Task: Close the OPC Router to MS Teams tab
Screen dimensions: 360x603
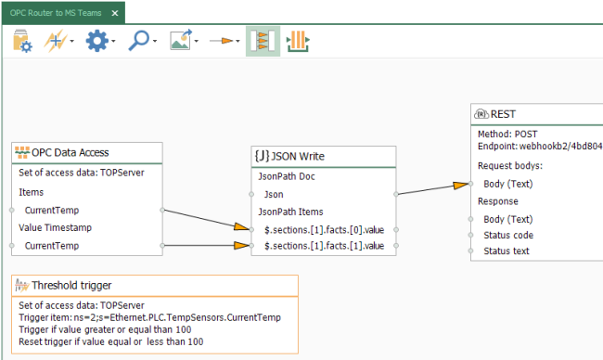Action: pyautogui.click(x=115, y=12)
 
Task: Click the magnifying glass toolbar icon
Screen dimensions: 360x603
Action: pyautogui.click(x=138, y=42)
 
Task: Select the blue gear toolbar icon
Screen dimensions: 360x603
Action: pyautogui.click(x=96, y=42)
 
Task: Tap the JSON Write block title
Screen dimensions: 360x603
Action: pyautogui.click(x=296, y=157)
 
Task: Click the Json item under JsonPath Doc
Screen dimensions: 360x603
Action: pyautogui.click(x=275, y=194)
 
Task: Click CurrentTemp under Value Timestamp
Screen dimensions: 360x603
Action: pyautogui.click(x=52, y=245)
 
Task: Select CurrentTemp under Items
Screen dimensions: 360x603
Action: pyautogui.click(x=52, y=210)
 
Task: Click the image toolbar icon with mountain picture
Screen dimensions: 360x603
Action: pyautogui.click(x=180, y=42)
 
